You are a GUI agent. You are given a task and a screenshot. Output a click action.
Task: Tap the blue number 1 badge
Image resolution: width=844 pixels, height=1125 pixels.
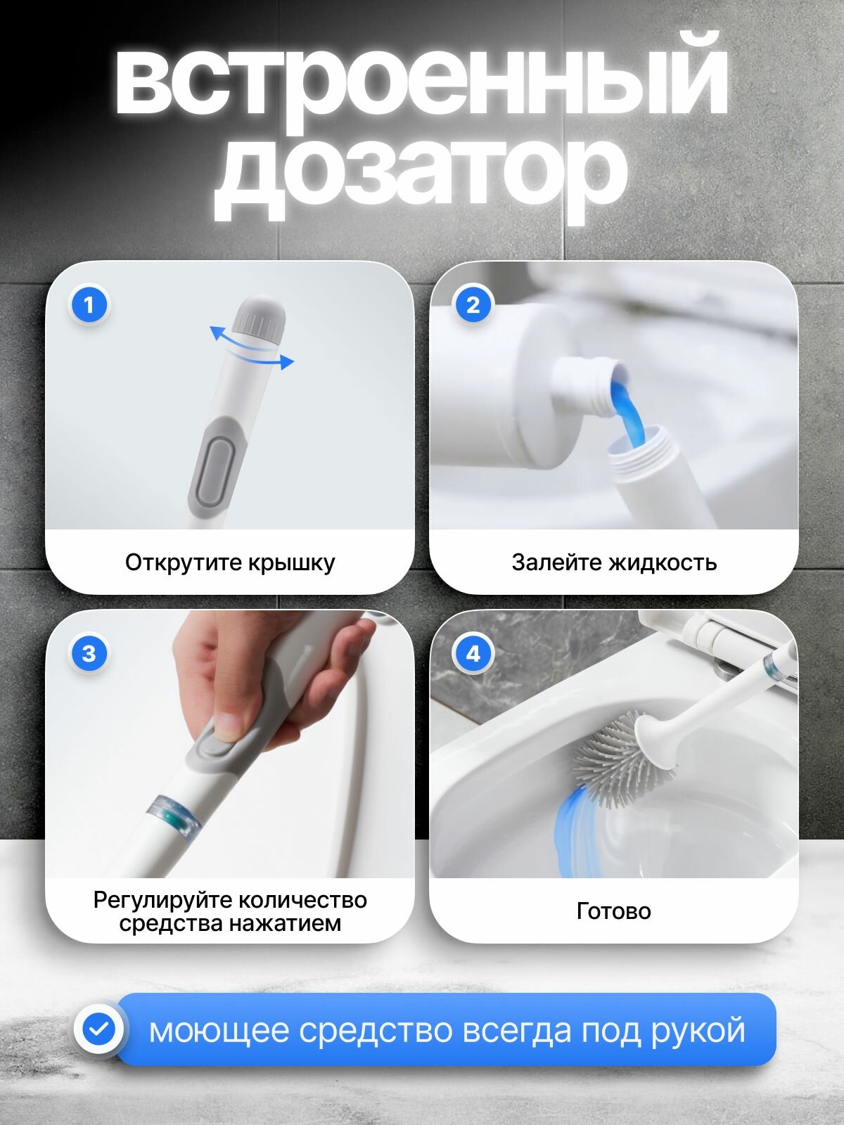(89, 305)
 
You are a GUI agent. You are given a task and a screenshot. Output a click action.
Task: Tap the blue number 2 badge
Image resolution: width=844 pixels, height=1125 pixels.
(473, 305)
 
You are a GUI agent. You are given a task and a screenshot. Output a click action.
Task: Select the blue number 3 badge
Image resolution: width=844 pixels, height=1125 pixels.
(89, 654)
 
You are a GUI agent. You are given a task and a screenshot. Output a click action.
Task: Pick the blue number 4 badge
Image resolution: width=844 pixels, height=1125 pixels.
(473, 654)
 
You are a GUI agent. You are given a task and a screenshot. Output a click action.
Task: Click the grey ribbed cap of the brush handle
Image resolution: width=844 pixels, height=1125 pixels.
(259, 321)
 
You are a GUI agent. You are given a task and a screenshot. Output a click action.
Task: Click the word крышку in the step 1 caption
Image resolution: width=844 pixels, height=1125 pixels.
(292, 562)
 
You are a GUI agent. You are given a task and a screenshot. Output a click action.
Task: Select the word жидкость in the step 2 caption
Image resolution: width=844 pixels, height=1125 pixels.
(662, 562)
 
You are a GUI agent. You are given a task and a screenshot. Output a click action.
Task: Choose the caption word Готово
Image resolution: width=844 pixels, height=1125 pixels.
(614, 911)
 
